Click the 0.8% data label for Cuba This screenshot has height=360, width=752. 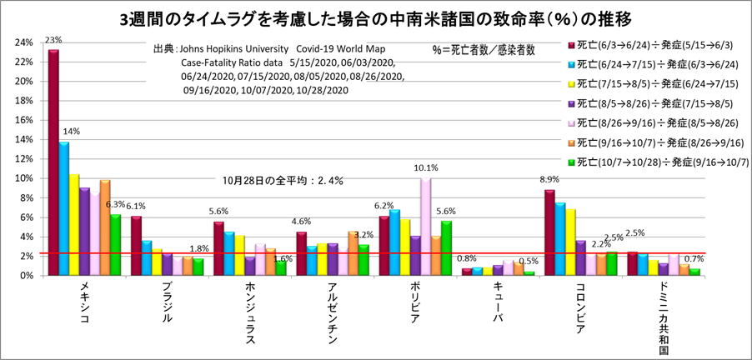pyautogui.click(x=468, y=258)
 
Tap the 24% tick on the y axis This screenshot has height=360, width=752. pyautogui.click(x=24, y=42)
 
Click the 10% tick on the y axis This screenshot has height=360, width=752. pyautogui.click(x=24, y=178)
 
